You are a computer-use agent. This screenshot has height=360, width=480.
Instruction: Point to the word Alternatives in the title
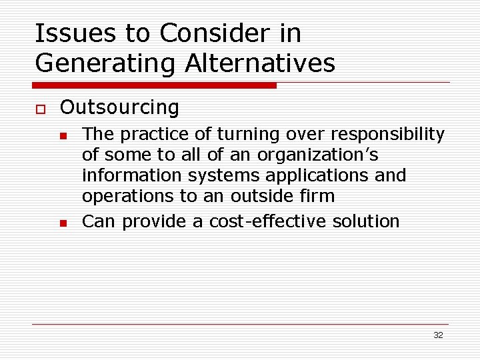tap(260, 63)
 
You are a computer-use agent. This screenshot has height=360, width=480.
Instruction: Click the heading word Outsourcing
tap(119, 107)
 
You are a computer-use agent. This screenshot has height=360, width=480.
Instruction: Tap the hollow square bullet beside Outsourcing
tap(40, 109)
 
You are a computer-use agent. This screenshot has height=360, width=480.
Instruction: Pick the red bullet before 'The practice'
tap(63, 136)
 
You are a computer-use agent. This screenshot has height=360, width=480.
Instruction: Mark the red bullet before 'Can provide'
tap(63, 223)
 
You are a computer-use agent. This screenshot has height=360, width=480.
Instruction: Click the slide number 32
tap(438, 335)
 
